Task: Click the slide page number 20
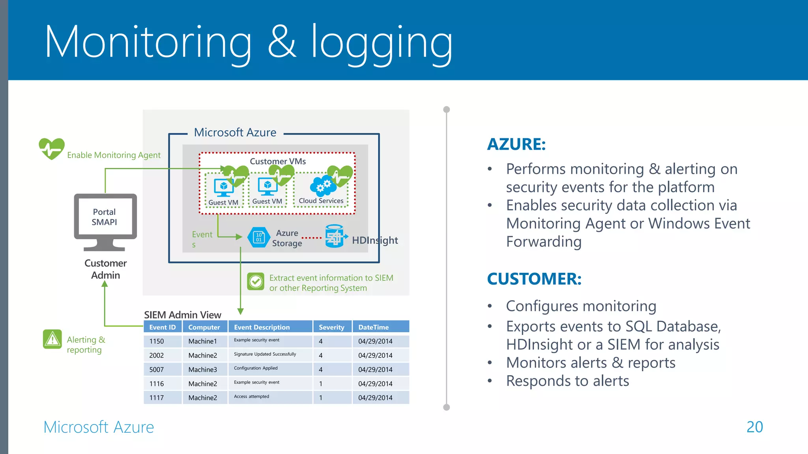(x=754, y=427)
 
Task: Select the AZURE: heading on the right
(x=516, y=144)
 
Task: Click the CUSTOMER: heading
(x=534, y=279)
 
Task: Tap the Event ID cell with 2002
(x=157, y=355)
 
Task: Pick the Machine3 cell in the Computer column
(x=203, y=370)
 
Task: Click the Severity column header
(x=331, y=327)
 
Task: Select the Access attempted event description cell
(x=252, y=397)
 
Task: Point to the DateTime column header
(x=373, y=327)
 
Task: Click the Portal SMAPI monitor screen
(x=105, y=217)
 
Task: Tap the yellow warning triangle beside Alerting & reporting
(x=52, y=339)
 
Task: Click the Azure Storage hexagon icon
(x=259, y=237)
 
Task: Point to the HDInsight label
(x=374, y=240)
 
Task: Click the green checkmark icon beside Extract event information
(x=256, y=282)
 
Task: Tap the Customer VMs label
(x=278, y=161)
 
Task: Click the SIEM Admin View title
(x=182, y=315)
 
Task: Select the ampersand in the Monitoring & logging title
(x=281, y=41)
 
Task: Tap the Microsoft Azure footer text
(x=99, y=427)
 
